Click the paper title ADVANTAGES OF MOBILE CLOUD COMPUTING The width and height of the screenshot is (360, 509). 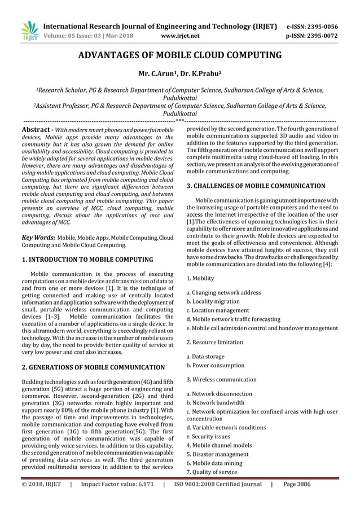[179, 55]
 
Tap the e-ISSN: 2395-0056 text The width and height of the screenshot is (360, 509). [320, 26]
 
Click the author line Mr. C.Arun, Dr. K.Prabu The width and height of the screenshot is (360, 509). [179, 73]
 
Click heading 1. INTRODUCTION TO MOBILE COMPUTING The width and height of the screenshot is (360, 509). [87, 260]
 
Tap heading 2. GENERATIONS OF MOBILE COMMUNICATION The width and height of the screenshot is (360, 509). [93, 367]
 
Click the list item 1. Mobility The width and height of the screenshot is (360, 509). [200, 278]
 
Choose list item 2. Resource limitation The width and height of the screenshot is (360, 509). [214, 342]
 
